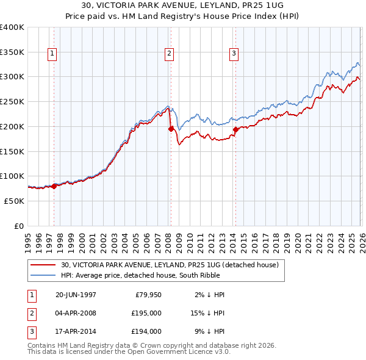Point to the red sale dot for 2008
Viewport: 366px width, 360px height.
pyautogui.click(x=171, y=128)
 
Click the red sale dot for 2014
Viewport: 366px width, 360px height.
pyautogui.click(x=235, y=129)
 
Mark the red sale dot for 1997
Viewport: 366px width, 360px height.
pyautogui.click(x=54, y=186)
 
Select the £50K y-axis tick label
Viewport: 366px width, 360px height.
pyautogui.click(x=14, y=201)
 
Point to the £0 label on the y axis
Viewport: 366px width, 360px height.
pyautogui.click(x=19, y=226)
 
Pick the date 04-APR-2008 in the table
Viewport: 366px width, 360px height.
pyautogui.click(x=76, y=313)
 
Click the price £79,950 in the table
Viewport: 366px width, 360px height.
pyautogui.click(x=146, y=295)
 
